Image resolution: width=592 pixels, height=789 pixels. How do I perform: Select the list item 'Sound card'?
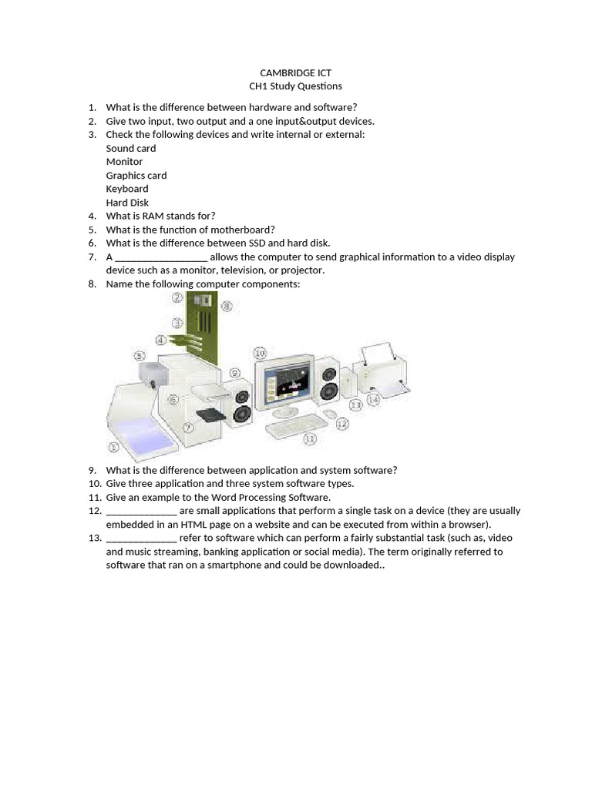coord(130,148)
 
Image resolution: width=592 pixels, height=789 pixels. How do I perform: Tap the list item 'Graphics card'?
coord(136,175)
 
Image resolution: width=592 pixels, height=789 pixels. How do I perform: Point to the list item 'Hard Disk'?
coord(127,203)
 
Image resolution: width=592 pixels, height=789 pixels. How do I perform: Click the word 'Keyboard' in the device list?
coord(127,189)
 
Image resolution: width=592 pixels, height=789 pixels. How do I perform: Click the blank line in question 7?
coord(161,257)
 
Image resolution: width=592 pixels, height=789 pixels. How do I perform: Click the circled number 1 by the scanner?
coord(114,447)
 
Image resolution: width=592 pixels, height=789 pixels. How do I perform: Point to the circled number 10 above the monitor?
coord(260,353)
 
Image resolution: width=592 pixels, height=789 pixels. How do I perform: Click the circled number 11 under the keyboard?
coord(310,438)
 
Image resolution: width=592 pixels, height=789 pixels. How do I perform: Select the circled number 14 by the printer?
coord(373,399)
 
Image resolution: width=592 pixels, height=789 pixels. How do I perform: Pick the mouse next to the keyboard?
coord(330,414)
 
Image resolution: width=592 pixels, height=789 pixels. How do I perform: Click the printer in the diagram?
coord(382,370)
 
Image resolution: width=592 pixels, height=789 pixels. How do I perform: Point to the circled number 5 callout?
coord(140,355)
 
